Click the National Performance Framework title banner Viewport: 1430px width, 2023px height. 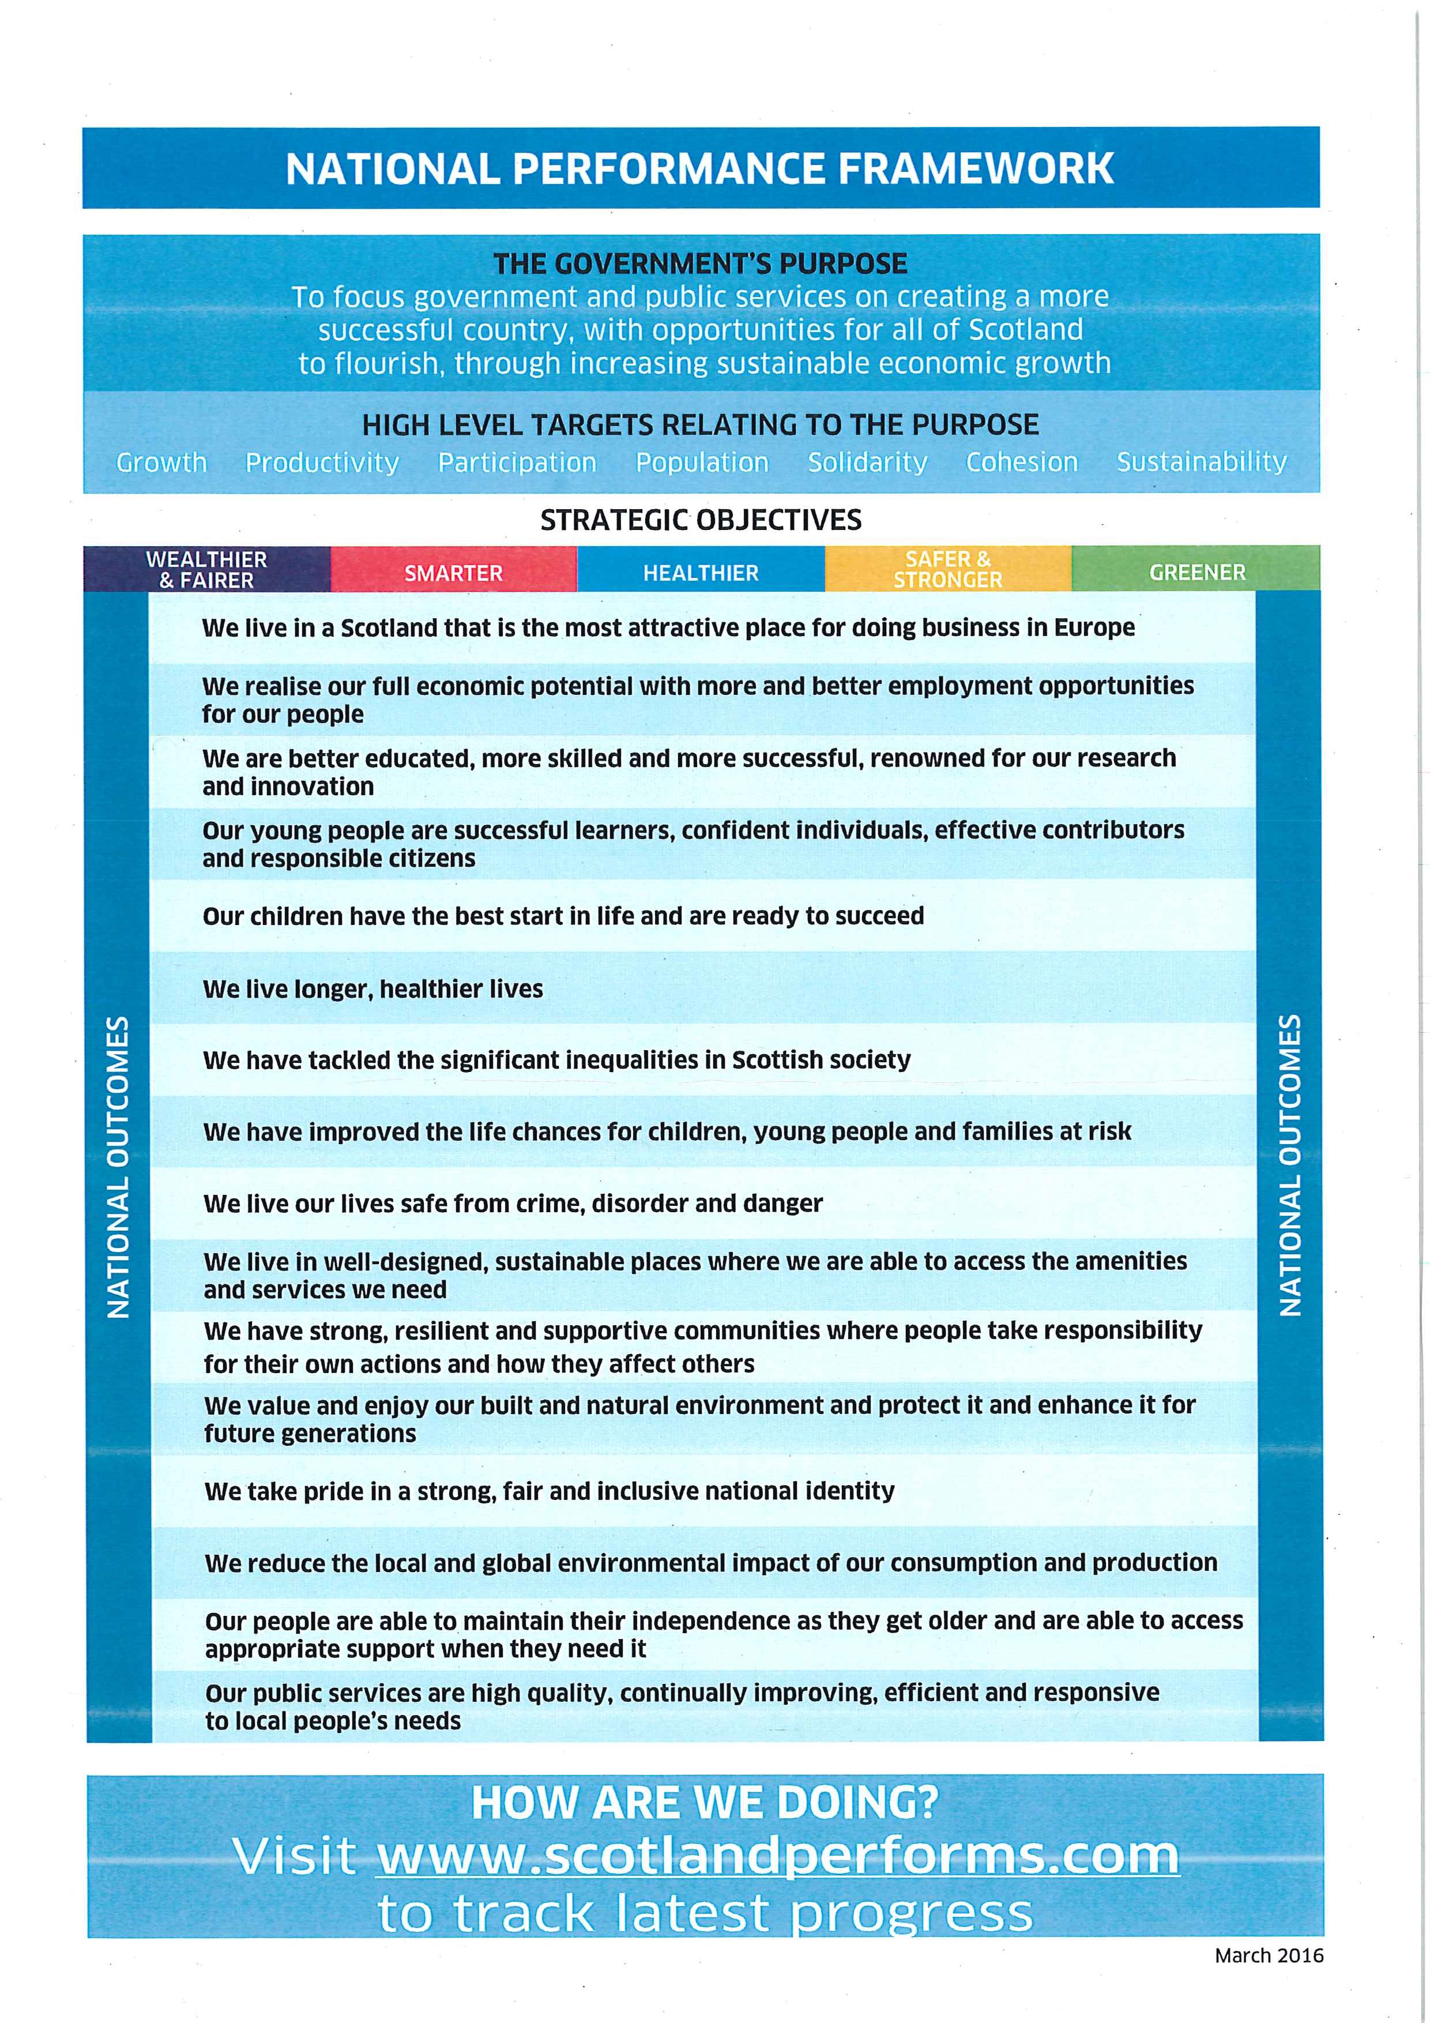point(701,167)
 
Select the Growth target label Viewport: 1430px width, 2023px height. point(161,462)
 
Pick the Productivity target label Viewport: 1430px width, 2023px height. point(322,462)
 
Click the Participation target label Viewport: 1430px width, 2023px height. point(517,462)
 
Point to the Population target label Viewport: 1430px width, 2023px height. point(702,462)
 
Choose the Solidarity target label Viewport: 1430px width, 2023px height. point(867,462)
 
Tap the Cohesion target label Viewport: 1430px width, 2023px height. point(1022,462)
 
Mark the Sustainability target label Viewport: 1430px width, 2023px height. point(1202,462)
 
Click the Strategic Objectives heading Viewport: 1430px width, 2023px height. point(701,520)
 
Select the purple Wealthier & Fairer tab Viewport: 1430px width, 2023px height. point(207,569)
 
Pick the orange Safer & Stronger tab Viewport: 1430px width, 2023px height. point(948,569)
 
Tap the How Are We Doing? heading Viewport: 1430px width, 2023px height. point(705,1802)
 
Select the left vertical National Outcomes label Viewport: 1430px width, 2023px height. point(118,1167)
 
